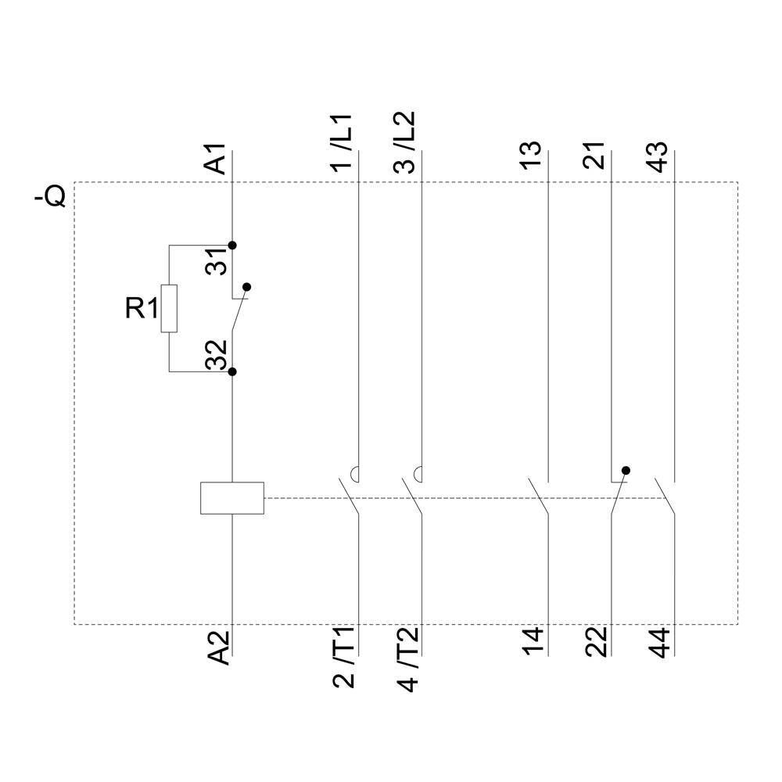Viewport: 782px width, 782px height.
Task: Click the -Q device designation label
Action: click(50, 195)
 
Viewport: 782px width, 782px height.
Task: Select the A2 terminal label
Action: click(220, 647)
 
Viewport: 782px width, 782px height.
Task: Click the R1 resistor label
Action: click(142, 309)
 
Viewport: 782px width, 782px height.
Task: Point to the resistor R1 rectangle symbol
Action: click(169, 308)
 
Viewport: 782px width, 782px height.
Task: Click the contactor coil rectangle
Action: click(232, 498)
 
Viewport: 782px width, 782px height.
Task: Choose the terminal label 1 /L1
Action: click(343, 142)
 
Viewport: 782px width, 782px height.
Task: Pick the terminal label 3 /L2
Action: click(405, 142)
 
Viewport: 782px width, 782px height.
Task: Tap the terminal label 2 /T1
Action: click(343, 657)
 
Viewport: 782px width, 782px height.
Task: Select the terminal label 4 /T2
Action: click(407, 657)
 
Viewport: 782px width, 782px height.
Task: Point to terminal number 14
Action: click(533, 642)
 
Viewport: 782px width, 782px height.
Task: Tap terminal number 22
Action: click(596, 642)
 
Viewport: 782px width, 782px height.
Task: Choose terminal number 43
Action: click(658, 157)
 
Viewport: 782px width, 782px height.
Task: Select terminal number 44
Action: click(659, 642)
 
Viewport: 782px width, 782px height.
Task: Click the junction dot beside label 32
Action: click(232, 371)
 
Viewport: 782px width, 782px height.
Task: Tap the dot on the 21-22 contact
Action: click(625, 471)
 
